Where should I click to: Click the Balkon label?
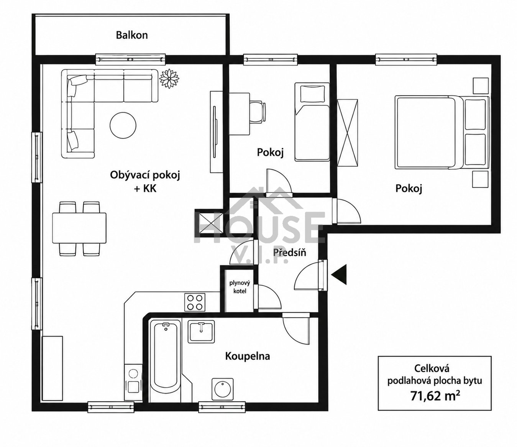point(132,35)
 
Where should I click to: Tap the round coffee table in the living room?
point(123,125)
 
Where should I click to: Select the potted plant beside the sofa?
point(169,79)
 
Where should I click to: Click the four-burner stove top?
point(195,302)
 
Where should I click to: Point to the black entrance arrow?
point(339,274)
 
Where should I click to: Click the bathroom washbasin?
point(201,332)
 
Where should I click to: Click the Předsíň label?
point(289,252)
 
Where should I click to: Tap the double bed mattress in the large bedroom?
point(425,133)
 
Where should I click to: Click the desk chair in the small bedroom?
point(258,112)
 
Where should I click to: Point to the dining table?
point(79,228)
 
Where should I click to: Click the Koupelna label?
point(247,356)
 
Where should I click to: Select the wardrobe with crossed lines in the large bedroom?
point(347,133)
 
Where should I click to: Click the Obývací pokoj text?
point(145,176)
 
